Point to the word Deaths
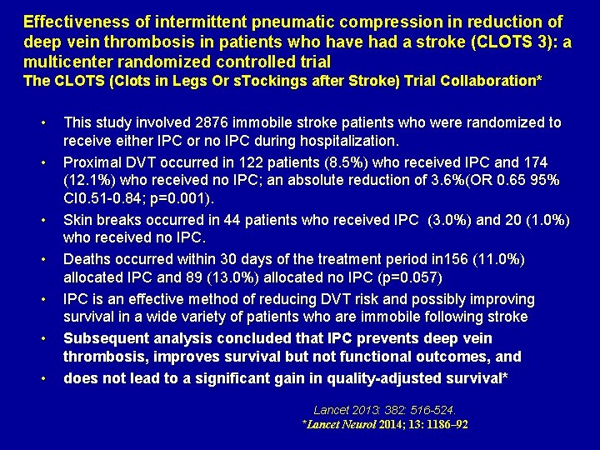pyautogui.click(x=88, y=259)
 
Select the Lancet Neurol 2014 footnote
pyautogui.click(x=384, y=425)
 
